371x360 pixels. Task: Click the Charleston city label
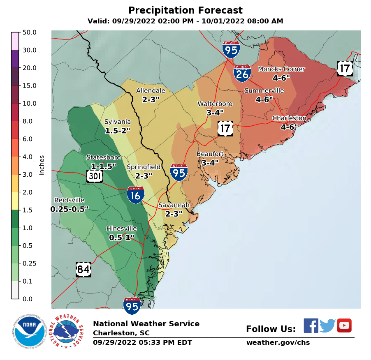click(289, 118)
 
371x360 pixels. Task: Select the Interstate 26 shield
click(242, 73)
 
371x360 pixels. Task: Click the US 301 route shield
click(95, 177)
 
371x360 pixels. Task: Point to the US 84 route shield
click(83, 270)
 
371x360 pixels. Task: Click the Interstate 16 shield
click(135, 194)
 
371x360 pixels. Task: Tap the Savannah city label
click(174, 205)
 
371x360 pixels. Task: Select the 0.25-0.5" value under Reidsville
click(69, 209)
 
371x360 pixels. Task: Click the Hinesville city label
click(121, 228)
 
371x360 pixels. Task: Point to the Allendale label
click(151, 91)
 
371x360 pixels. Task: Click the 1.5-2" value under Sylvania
click(117, 131)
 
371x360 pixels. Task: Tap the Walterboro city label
click(215, 104)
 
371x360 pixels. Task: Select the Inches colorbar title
click(42, 165)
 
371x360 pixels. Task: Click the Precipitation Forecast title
click(185, 10)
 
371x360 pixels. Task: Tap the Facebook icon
click(311, 325)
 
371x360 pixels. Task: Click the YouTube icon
click(344, 325)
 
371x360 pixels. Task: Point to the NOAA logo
click(28, 331)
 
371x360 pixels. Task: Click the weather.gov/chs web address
click(278, 343)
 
